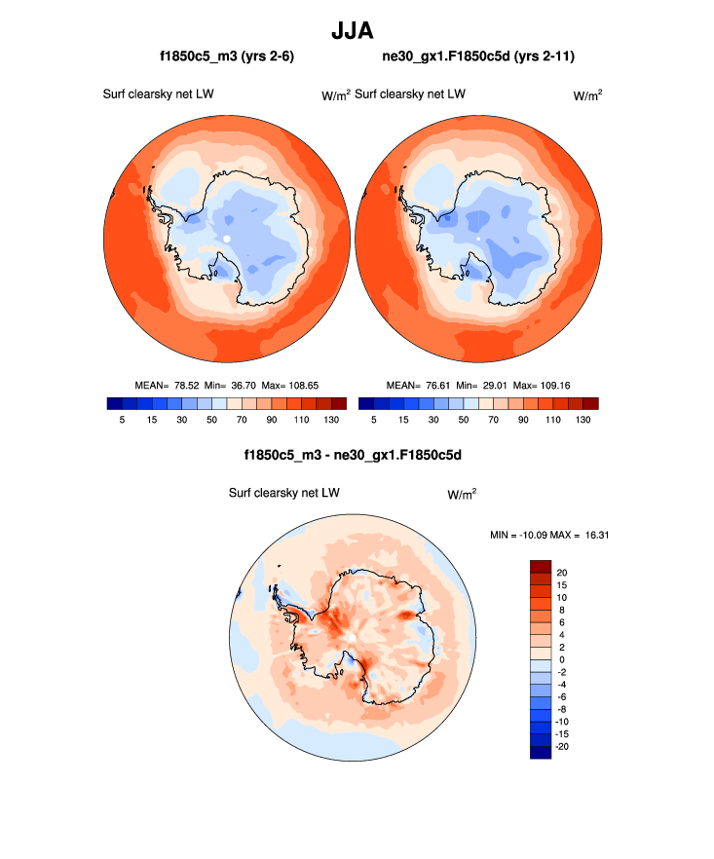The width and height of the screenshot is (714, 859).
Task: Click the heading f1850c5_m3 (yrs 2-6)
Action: click(227, 57)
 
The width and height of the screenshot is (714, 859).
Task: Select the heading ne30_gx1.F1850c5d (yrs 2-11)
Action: click(478, 57)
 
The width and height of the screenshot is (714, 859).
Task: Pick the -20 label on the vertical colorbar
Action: click(564, 746)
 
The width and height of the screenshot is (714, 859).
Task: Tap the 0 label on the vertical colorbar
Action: click(559, 659)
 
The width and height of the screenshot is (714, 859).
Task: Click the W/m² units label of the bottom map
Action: click(462, 495)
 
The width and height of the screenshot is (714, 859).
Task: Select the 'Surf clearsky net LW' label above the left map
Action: click(159, 94)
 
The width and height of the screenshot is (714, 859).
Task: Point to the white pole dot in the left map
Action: click(226, 239)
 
